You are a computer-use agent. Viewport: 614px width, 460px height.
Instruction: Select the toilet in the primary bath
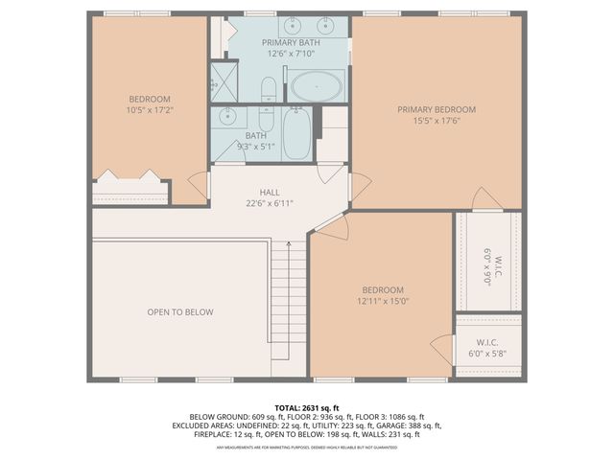269,91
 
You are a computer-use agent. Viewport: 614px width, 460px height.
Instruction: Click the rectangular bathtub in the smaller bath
296,134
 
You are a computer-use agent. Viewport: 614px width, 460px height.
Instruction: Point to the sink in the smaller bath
227,117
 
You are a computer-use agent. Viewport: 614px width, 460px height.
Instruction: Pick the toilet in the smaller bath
266,122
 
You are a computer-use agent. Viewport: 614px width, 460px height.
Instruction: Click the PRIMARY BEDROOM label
437,109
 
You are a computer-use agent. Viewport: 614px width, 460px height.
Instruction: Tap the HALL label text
270,192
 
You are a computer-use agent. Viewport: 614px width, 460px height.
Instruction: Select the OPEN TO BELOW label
179,311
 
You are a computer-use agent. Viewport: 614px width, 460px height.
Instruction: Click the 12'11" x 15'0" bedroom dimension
383,301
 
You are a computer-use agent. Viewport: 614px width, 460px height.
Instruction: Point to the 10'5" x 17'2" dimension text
150,111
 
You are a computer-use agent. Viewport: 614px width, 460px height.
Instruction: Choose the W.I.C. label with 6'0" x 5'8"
488,342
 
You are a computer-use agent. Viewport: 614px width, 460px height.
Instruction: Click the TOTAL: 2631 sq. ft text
307,407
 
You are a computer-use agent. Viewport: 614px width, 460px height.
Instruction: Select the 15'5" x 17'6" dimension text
437,121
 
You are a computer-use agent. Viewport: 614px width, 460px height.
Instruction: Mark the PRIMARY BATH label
293,42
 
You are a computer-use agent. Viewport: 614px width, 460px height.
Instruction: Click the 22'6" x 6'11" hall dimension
270,203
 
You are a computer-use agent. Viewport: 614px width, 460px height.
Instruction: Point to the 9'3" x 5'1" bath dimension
250,146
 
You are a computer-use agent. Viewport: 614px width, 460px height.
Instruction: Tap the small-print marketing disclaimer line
307,448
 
